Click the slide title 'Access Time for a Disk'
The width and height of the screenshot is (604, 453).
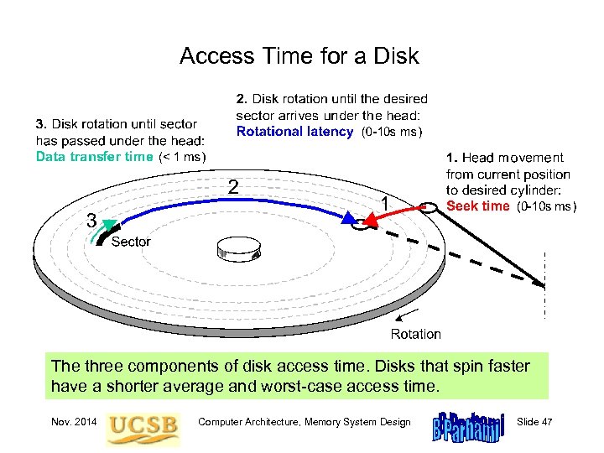tap(299, 57)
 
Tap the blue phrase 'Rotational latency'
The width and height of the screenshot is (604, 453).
tap(294, 131)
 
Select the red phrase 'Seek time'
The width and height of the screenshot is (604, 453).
tap(477, 206)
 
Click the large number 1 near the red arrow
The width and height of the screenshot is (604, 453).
tap(383, 203)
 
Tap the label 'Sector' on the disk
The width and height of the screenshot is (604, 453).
tap(131, 242)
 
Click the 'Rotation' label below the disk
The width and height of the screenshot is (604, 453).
tap(415, 334)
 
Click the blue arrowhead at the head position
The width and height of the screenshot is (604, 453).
tap(348, 217)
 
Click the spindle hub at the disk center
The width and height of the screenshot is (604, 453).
tap(238, 250)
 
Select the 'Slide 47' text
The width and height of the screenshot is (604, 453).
tap(534, 422)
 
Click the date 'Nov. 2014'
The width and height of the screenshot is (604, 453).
tap(70, 422)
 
